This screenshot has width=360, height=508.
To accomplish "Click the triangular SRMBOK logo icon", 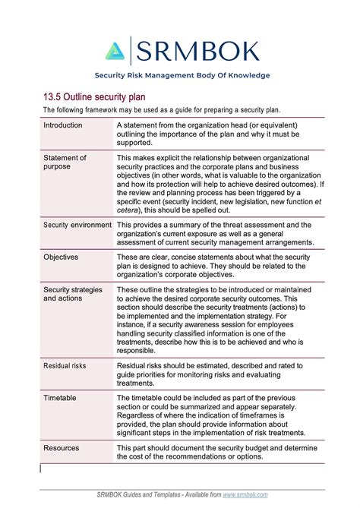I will click(114, 51).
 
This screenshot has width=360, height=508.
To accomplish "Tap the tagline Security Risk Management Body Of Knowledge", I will click(182, 75).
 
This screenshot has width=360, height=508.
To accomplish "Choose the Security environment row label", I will click(77, 226).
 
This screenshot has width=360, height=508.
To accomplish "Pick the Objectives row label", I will click(61, 257).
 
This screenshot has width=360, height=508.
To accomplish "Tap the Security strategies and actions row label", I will click(73, 294).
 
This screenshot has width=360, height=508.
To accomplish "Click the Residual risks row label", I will click(65, 366).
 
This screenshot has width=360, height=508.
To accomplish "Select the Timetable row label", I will click(60, 397).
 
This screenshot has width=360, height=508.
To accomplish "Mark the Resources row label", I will click(62, 449).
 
